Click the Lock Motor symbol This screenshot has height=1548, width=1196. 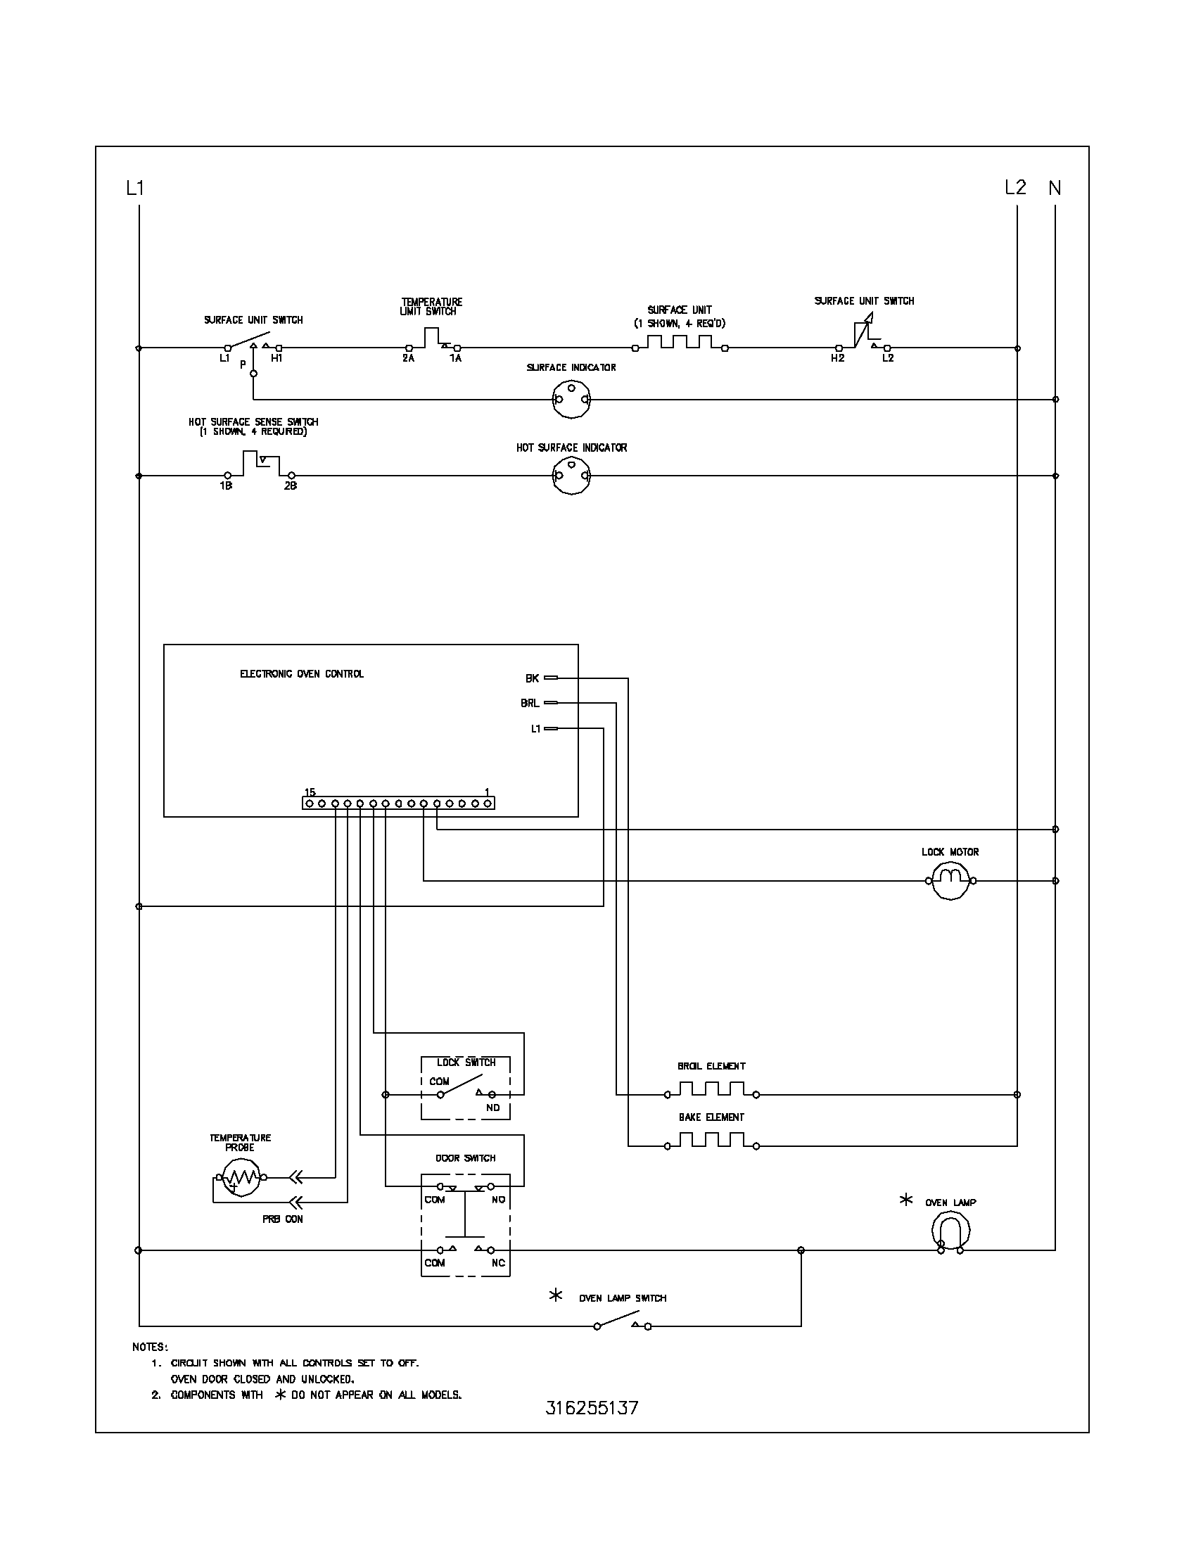(x=950, y=881)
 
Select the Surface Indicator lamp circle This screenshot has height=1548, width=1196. (x=571, y=399)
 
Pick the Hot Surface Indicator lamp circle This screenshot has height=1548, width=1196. (x=571, y=476)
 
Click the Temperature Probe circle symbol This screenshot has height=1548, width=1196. (x=241, y=1178)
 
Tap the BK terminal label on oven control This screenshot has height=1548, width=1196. (x=532, y=678)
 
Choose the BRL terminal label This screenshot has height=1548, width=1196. (x=530, y=703)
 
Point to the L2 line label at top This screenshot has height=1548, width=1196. (x=1014, y=187)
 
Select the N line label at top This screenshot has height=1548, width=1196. (x=1055, y=188)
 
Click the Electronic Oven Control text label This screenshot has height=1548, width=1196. (x=302, y=674)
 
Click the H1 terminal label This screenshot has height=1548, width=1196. (x=276, y=359)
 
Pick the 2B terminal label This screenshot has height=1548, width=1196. (x=291, y=486)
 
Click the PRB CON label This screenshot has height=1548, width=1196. (x=282, y=1219)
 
